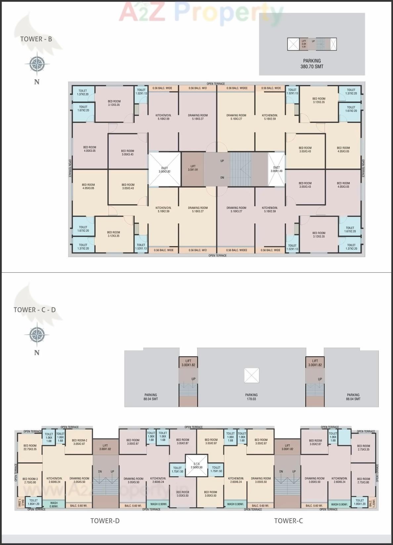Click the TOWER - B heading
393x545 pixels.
click(x=36, y=39)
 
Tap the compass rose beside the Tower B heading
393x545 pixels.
click(x=37, y=64)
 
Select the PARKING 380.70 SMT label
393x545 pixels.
click(x=312, y=63)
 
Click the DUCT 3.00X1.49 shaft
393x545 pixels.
click(x=276, y=169)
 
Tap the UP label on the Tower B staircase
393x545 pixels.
click(x=222, y=161)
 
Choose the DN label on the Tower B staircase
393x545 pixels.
click(x=222, y=177)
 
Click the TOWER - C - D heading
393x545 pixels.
click(x=35, y=310)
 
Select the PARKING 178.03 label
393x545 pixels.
click(x=251, y=397)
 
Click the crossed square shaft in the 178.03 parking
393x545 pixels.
click(x=251, y=375)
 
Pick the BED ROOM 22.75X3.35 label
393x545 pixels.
click(x=30, y=447)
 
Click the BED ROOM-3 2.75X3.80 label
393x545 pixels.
click(x=30, y=480)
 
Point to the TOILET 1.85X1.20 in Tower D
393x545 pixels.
click(x=33, y=502)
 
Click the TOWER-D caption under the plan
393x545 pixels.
click(x=105, y=521)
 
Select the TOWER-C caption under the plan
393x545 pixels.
click(x=288, y=521)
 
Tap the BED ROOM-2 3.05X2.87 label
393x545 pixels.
click(x=79, y=442)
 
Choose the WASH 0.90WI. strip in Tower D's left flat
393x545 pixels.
click(x=54, y=504)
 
